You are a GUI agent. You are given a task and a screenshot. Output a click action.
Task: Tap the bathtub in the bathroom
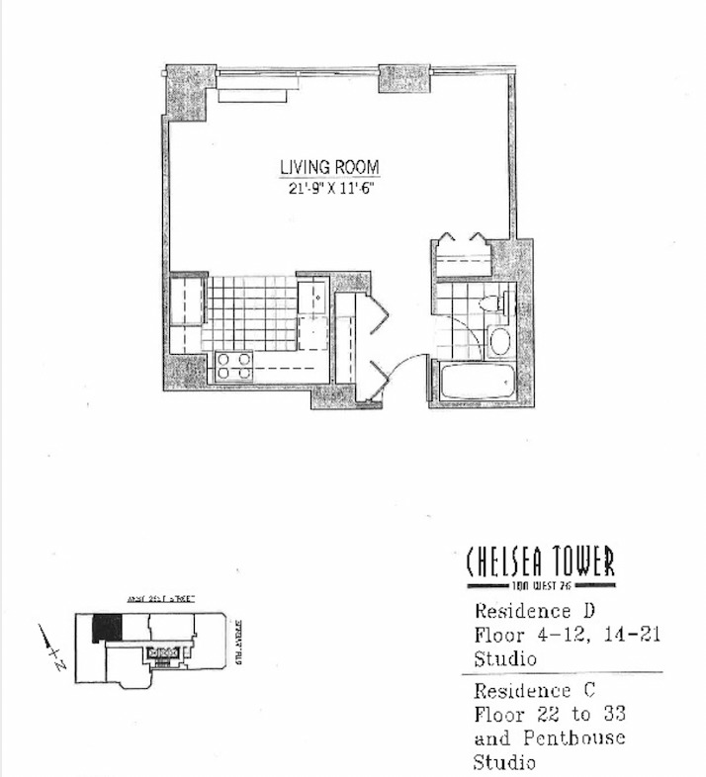(479, 382)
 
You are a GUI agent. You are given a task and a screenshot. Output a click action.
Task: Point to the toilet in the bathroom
(491, 303)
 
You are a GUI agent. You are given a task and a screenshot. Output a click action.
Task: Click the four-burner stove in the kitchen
(235, 366)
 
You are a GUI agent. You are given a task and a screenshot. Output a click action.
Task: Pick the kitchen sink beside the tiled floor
(311, 296)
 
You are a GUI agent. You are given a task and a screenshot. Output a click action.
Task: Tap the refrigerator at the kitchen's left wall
(187, 302)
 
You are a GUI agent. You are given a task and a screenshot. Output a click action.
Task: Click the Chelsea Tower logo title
(540, 562)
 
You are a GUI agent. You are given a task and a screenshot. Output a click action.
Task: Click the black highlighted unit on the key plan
(107, 628)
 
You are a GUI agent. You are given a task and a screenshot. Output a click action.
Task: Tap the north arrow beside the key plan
(49, 647)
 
